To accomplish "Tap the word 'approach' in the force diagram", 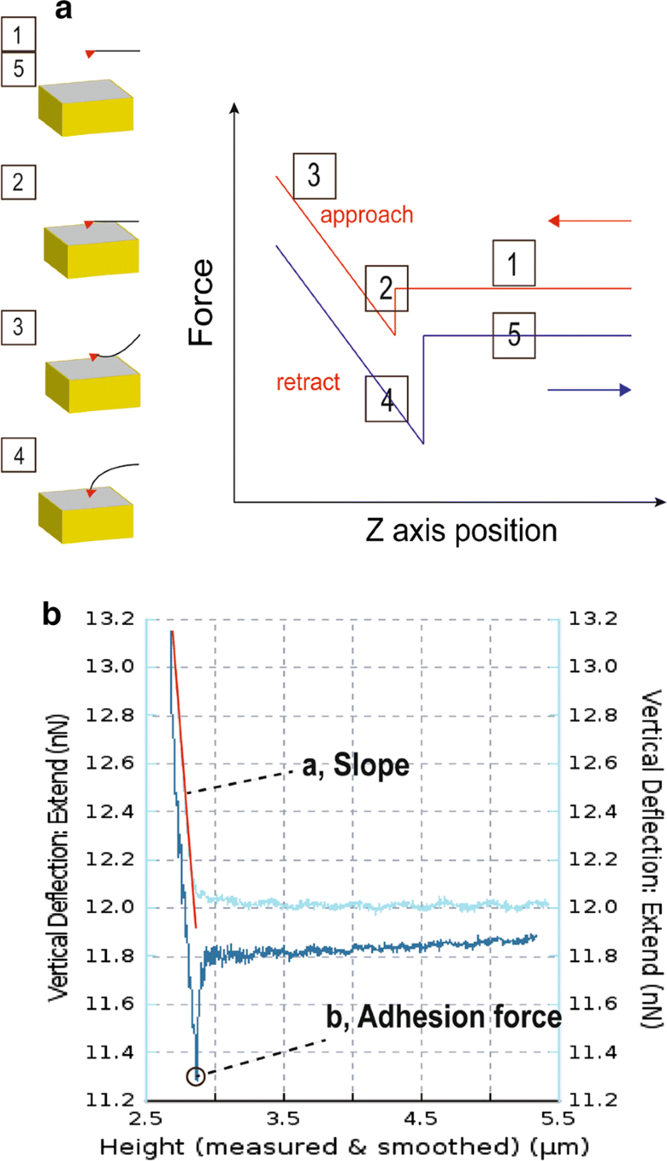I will tap(366, 214).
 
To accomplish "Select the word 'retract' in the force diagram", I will tap(307, 382).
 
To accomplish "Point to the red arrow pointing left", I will tap(590, 221).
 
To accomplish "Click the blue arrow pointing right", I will tap(590, 390).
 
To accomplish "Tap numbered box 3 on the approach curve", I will tap(313, 176).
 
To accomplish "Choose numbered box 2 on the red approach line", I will tap(387, 288).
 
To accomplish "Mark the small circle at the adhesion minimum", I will tap(196, 1075).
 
